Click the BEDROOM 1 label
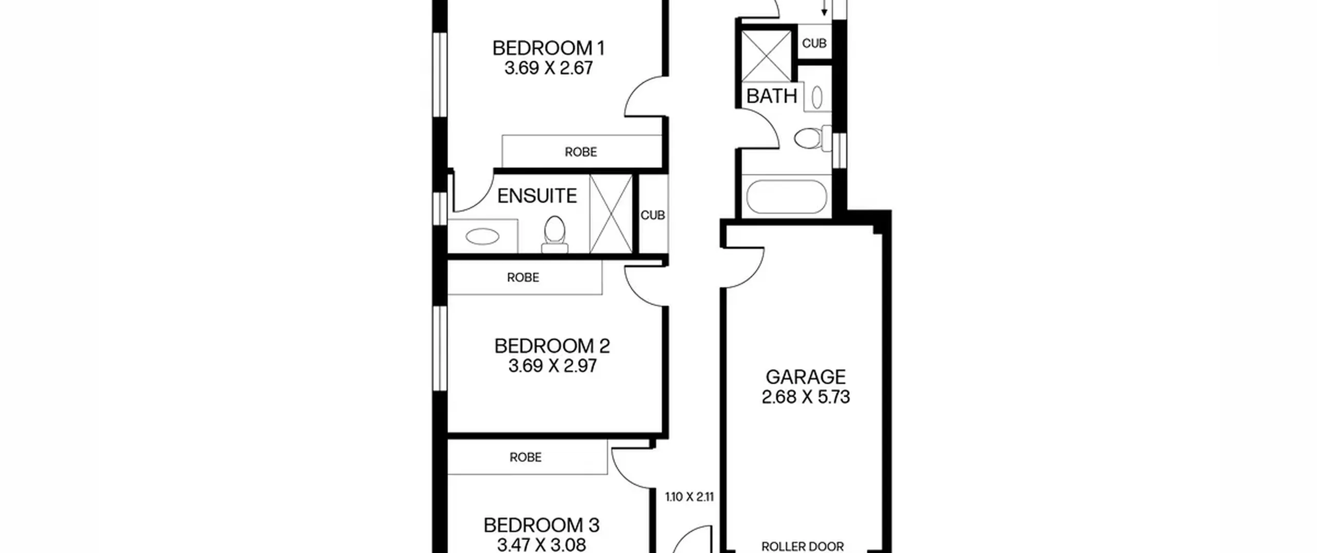(x=548, y=48)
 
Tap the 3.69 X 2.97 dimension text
(x=553, y=366)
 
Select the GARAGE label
(x=806, y=377)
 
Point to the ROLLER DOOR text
(x=803, y=546)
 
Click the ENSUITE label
(x=537, y=196)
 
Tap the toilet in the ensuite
(x=555, y=235)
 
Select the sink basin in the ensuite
(x=483, y=237)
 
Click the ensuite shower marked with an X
(x=611, y=214)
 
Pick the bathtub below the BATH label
(x=787, y=197)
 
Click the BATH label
(x=772, y=96)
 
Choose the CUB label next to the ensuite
(x=653, y=215)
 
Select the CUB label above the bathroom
(x=814, y=43)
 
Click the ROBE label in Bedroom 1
(x=581, y=152)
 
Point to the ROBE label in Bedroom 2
(x=523, y=278)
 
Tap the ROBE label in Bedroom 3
(x=526, y=457)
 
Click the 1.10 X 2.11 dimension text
(x=689, y=497)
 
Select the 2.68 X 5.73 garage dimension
(x=806, y=397)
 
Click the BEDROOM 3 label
(x=542, y=525)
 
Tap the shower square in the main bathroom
(x=767, y=56)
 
